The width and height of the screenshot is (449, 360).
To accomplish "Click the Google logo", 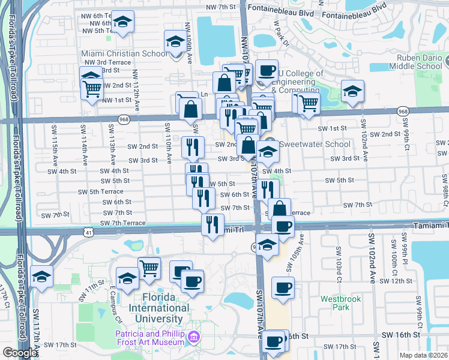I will [x=20, y=353].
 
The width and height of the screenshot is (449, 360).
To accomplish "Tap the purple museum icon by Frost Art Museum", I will [x=193, y=338].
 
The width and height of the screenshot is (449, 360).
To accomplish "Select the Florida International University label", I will [x=158, y=308].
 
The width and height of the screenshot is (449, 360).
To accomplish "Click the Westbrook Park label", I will [x=335, y=302].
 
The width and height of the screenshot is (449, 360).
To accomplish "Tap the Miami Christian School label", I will [x=124, y=53].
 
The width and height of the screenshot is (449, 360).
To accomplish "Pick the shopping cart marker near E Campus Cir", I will [x=149, y=267].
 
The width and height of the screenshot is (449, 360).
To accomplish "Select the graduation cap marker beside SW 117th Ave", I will [x=41, y=276].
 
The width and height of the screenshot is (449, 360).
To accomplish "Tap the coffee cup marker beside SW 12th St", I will [x=282, y=286].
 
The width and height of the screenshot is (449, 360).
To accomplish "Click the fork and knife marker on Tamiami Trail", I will [x=212, y=224].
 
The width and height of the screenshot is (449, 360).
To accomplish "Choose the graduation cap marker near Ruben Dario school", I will [x=352, y=91].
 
